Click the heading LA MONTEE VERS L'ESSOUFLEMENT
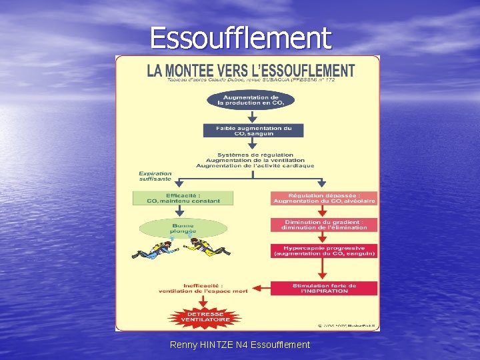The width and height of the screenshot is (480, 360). [x=251, y=70]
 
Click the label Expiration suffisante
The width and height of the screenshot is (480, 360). [x=155, y=176]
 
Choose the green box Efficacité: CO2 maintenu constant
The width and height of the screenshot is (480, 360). [x=183, y=198]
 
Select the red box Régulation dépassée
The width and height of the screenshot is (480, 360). [x=323, y=198]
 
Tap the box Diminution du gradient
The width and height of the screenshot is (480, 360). [x=323, y=225]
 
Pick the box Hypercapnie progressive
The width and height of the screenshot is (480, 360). [x=323, y=251]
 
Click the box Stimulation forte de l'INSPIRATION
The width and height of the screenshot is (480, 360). [x=323, y=288]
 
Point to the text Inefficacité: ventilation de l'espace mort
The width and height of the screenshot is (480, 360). [x=203, y=288]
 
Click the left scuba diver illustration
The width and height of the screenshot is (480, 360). [x=151, y=251]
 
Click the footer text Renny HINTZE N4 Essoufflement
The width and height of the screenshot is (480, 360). [x=240, y=345]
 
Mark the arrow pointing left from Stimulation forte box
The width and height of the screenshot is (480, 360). [x=261, y=288]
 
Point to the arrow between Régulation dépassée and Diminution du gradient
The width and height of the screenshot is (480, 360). [x=323, y=211]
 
